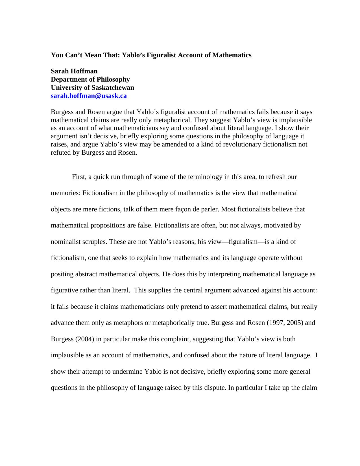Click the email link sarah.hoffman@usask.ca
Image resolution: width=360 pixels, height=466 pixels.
89,96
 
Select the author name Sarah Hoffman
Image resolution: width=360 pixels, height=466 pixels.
74,71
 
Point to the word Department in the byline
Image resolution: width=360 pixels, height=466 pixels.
69,79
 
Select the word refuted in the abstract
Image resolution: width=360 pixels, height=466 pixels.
60,153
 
